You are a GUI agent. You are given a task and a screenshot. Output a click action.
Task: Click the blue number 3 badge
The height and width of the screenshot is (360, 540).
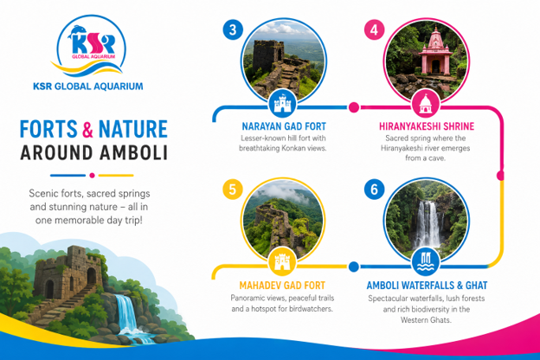233,29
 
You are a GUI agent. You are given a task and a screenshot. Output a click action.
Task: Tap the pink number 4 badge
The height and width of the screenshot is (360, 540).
375,30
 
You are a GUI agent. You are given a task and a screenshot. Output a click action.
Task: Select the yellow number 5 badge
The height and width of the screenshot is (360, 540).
233,190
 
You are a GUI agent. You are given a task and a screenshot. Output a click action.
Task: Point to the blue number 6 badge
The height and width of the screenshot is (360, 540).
375,190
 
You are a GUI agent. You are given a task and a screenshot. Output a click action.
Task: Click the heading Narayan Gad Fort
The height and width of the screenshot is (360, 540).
284,126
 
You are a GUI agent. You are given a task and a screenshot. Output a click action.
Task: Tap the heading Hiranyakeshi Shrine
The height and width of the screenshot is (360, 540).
427,126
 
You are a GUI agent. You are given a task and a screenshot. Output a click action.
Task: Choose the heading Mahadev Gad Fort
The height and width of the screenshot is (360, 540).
282,286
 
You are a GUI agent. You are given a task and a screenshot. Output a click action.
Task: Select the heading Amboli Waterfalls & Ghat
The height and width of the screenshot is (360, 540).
427,286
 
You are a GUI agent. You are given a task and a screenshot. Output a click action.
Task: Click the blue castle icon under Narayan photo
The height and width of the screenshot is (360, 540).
282,104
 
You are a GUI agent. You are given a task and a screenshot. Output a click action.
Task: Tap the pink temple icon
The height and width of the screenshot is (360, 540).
426,104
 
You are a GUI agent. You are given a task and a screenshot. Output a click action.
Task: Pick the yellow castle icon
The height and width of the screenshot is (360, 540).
282,261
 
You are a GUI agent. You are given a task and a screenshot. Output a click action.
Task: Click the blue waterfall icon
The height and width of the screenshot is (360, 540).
426,261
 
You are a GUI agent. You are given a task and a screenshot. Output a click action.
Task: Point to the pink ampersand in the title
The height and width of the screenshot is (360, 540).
87,129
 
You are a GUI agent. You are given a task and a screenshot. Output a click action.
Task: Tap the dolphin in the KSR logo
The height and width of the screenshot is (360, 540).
77,32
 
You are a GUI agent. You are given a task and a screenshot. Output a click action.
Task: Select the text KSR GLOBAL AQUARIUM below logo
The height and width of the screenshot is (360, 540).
88,87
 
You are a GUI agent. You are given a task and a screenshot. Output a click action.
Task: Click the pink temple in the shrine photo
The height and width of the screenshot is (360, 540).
435,52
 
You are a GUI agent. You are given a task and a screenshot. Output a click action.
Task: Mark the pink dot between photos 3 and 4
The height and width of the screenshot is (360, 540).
354,107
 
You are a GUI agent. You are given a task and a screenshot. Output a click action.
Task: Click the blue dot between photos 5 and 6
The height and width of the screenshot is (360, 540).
354,267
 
